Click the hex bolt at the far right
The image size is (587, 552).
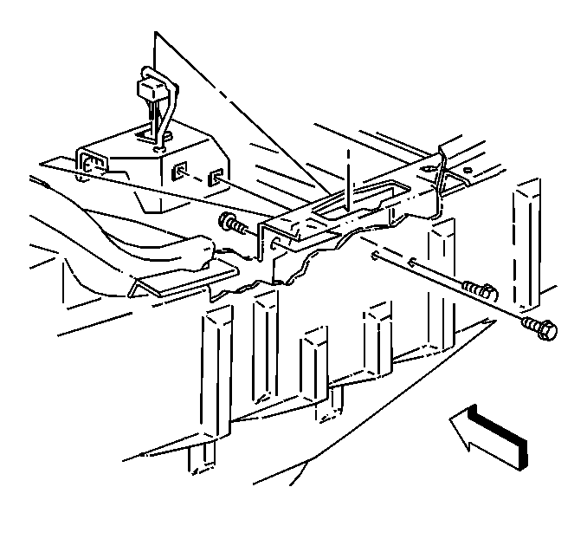click(x=542, y=328)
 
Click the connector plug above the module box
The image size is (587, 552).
click(x=148, y=90)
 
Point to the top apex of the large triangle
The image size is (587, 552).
click(x=156, y=35)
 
